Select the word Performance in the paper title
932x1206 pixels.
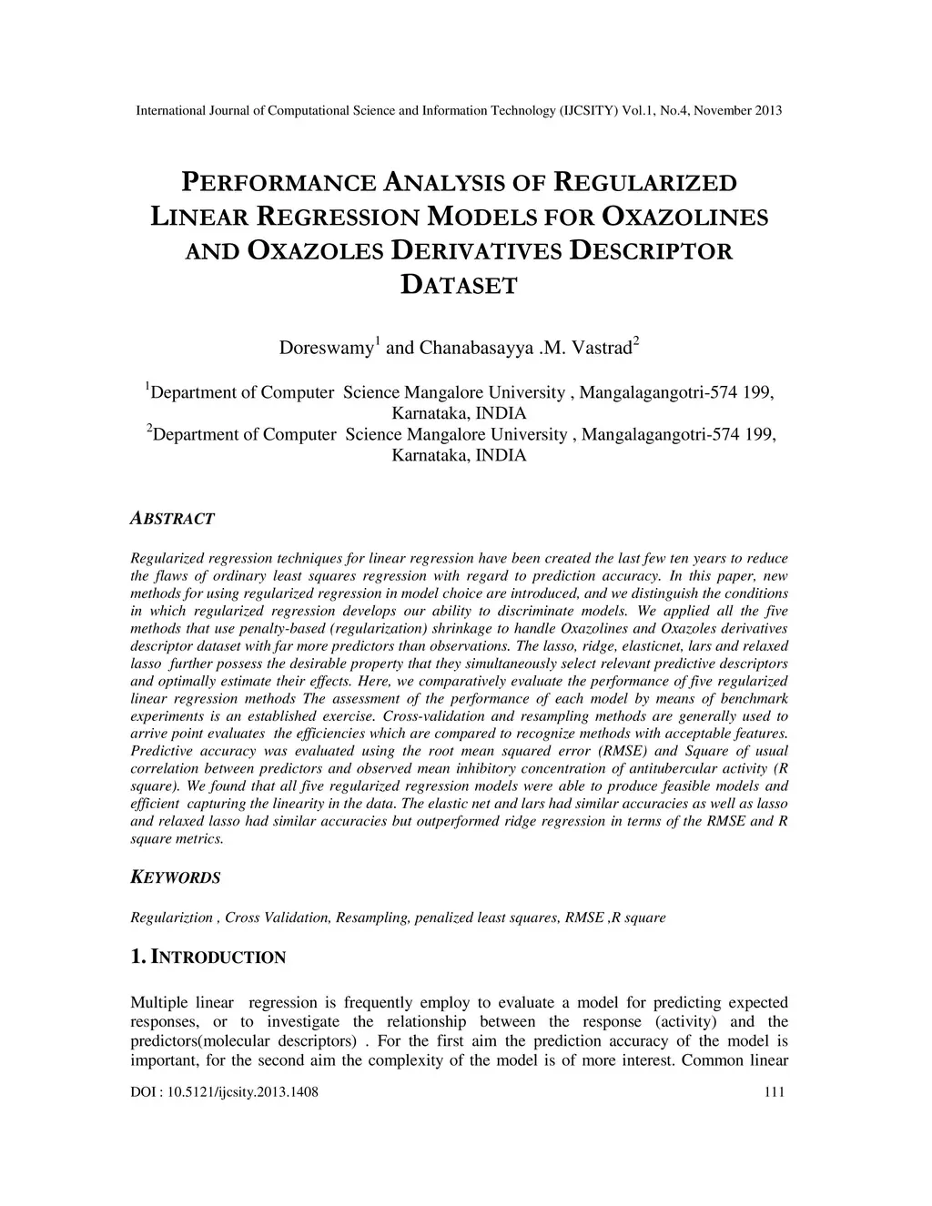279,183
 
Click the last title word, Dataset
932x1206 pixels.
459,286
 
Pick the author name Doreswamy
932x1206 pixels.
327,349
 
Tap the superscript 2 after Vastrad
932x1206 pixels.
636,341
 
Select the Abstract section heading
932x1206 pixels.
173,519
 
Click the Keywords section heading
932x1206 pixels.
176,878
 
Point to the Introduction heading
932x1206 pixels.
218,958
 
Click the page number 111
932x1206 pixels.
775,1093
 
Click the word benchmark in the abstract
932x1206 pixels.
755,699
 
